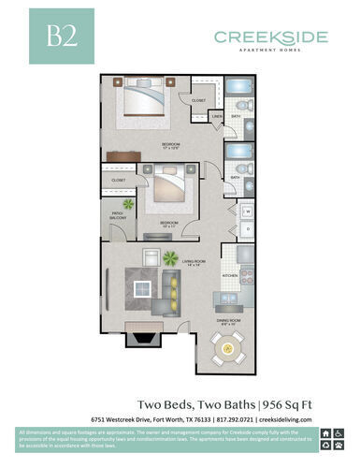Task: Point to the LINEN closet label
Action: (217, 116)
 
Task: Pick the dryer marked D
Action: (247, 228)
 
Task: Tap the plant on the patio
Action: (128, 202)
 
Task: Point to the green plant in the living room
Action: (170, 257)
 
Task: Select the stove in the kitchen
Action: (247, 276)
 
